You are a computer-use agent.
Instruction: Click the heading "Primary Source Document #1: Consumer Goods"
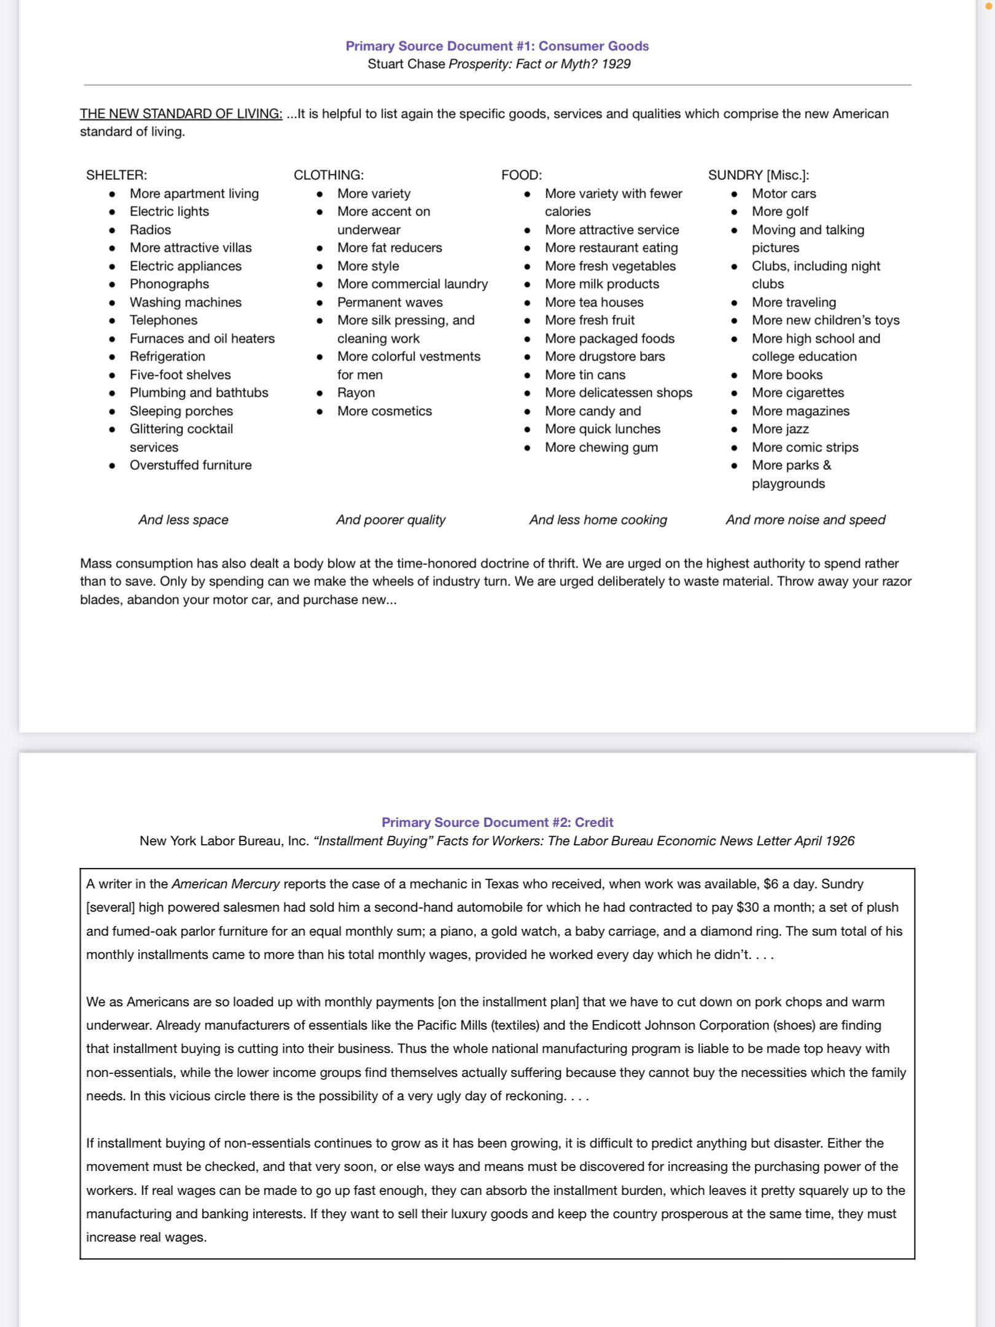pyautogui.click(x=497, y=46)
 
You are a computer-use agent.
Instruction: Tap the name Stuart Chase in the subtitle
pyautogui.click(x=406, y=64)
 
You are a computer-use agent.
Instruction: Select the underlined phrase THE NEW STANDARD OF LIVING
pyautogui.click(x=181, y=114)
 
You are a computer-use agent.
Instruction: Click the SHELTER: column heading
pyautogui.click(x=117, y=175)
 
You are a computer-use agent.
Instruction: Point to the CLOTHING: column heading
pyautogui.click(x=329, y=175)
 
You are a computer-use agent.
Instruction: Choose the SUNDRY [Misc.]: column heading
pyautogui.click(x=759, y=175)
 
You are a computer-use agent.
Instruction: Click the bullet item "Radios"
pyautogui.click(x=150, y=230)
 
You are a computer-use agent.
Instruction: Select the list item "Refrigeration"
pyautogui.click(x=167, y=356)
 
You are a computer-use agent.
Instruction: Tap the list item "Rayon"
pyautogui.click(x=356, y=393)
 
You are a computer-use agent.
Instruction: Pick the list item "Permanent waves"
pyautogui.click(x=390, y=302)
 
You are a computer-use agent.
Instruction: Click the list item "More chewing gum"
pyautogui.click(x=601, y=447)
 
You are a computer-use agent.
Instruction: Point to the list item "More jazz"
pyautogui.click(x=780, y=429)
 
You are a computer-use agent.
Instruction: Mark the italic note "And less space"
pyautogui.click(x=183, y=520)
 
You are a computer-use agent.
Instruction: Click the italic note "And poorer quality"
pyautogui.click(x=391, y=520)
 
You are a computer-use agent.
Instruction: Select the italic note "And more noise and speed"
pyautogui.click(x=805, y=520)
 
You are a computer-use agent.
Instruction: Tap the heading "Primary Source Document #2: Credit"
pyautogui.click(x=497, y=822)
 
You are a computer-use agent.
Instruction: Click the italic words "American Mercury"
pyautogui.click(x=225, y=884)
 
